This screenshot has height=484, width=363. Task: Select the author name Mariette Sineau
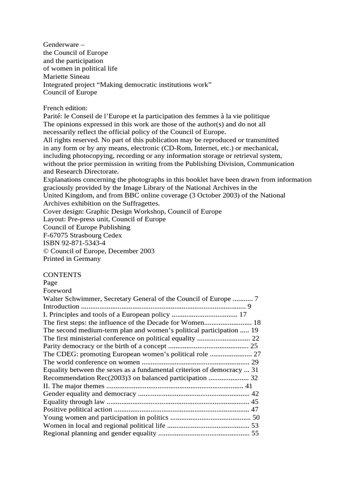(67, 76)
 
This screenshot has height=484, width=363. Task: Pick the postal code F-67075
(57, 235)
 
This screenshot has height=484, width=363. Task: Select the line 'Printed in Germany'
(72, 259)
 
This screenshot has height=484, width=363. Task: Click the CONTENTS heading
(62, 275)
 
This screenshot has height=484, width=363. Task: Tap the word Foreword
(57, 291)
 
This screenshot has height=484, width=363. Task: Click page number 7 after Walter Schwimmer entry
(257, 299)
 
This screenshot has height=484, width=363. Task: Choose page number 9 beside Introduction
(249, 307)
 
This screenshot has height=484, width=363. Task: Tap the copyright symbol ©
(46, 251)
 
